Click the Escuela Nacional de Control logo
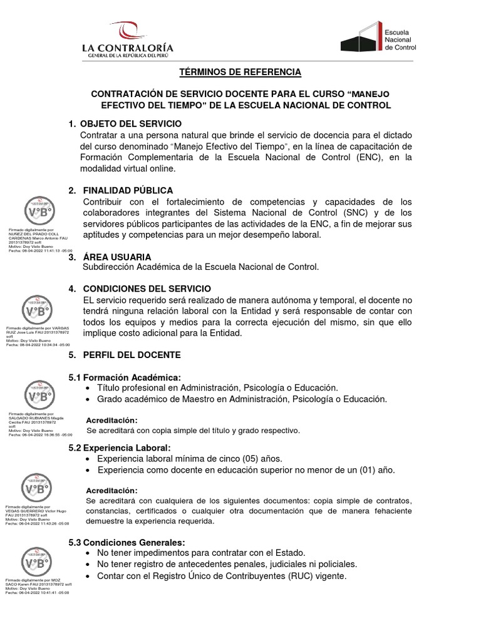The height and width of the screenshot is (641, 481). coord(378,38)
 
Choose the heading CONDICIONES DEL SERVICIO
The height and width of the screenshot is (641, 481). coord(147,289)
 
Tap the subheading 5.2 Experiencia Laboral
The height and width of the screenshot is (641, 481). coord(119,448)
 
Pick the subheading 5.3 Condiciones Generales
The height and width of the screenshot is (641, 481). coord(127,542)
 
